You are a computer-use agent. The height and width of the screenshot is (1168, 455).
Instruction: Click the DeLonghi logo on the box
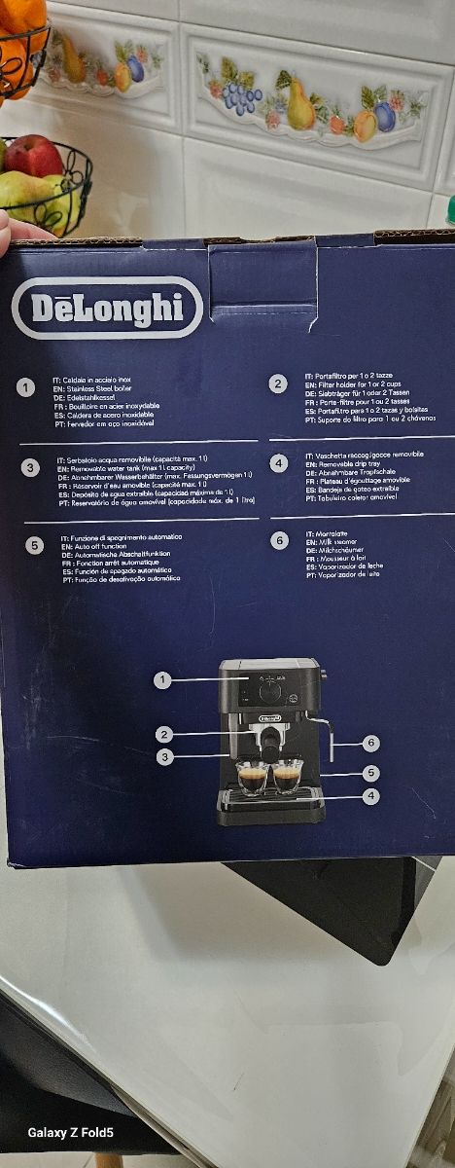(x=107, y=308)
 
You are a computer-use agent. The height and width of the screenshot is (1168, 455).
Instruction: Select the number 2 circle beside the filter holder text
(x=279, y=384)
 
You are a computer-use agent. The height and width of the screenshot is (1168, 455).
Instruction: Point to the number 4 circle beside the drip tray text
(x=279, y=463)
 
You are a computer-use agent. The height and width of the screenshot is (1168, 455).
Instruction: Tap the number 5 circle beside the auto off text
(x=35, y=545)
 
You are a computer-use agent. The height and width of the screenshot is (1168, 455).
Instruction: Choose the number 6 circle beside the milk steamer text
(x=280, y=540)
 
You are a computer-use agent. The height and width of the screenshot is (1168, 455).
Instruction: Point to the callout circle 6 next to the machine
(x=371, y=743)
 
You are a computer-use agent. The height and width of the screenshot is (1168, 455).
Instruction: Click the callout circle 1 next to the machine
(x=162, y=680)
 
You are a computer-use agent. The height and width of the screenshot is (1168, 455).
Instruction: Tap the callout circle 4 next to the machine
(x=371, y=796)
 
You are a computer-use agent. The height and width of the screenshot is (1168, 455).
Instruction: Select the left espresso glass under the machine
(x=253, y=778)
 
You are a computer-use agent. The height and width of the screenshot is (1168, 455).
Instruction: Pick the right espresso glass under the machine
(x=287, y=776)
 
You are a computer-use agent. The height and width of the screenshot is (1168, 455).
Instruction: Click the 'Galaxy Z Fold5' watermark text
(x=70, y=1132)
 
